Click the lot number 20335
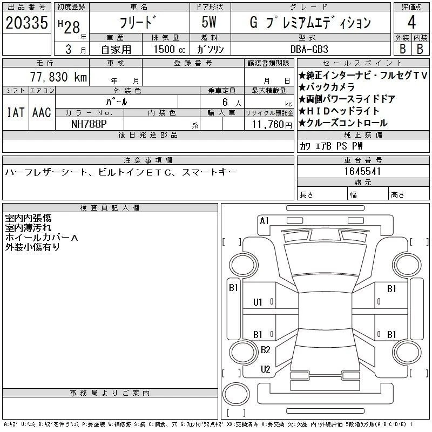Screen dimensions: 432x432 tap(26, 23)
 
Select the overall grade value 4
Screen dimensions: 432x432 tap(411, 22)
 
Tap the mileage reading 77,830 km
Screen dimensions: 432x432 tap(58, 77)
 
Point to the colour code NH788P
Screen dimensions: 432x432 tap(89, 124)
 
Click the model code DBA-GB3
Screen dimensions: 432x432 tap(309, 49)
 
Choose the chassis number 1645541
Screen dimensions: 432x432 tap(362, 171)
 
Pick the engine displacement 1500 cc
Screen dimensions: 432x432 tap(170, 49)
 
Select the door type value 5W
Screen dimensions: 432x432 tap(209, 22)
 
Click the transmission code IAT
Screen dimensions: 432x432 tap(16, 112)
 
